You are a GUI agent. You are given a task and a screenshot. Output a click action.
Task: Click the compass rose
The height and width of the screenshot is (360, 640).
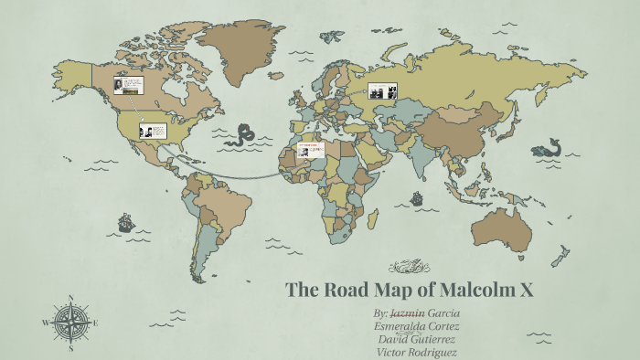tap(71, 322)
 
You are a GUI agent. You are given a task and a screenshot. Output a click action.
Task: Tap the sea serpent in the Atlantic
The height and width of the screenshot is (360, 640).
tap(244, 135)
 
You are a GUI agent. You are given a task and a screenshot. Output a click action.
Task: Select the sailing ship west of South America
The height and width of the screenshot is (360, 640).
tap(124, 222)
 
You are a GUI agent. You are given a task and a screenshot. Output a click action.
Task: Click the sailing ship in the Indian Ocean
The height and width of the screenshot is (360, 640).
tap(417, 196)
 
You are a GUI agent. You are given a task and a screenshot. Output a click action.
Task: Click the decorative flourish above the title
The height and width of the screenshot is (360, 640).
tap(410, 267)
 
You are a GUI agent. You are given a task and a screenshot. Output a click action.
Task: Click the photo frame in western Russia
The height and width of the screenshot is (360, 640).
tap(382, 90)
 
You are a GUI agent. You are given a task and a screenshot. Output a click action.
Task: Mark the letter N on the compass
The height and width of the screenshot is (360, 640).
tap(71, 297)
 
